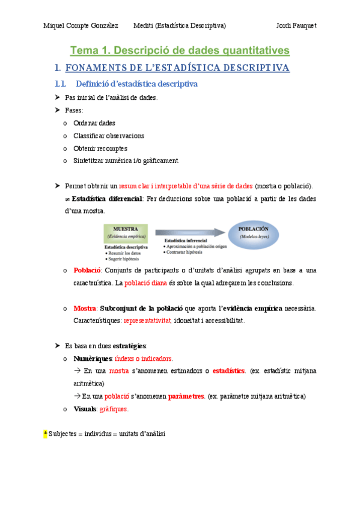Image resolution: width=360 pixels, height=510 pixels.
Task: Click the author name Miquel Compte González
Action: coord(80,26)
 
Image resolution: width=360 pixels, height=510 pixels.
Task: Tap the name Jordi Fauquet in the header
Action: coord(296,26)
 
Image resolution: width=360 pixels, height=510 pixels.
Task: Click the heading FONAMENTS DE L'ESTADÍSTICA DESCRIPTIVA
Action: coord(177,68)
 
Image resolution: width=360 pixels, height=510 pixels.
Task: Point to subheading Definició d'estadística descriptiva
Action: coord(136,84)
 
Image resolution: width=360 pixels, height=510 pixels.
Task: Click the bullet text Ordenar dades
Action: coord(94,123)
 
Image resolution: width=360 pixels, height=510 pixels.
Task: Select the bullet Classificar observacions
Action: coord(108,135)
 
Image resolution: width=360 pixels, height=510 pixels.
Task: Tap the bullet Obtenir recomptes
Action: coord(100,148)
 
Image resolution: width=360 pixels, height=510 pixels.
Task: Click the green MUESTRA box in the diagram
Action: coord(126,232)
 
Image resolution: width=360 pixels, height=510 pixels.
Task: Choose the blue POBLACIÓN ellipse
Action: coord(253,233)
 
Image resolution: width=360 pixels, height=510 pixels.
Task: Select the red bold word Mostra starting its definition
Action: coord(85,309)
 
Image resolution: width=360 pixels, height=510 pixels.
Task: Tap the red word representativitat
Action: coord(147,321)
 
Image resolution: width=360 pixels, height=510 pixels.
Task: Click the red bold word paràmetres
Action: coord(186,396)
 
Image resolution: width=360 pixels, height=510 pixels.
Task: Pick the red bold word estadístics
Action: coord(228,371)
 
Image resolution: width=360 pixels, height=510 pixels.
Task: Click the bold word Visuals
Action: coord(85,409)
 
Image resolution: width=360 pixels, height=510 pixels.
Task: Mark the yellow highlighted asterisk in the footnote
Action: coord(45,434)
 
